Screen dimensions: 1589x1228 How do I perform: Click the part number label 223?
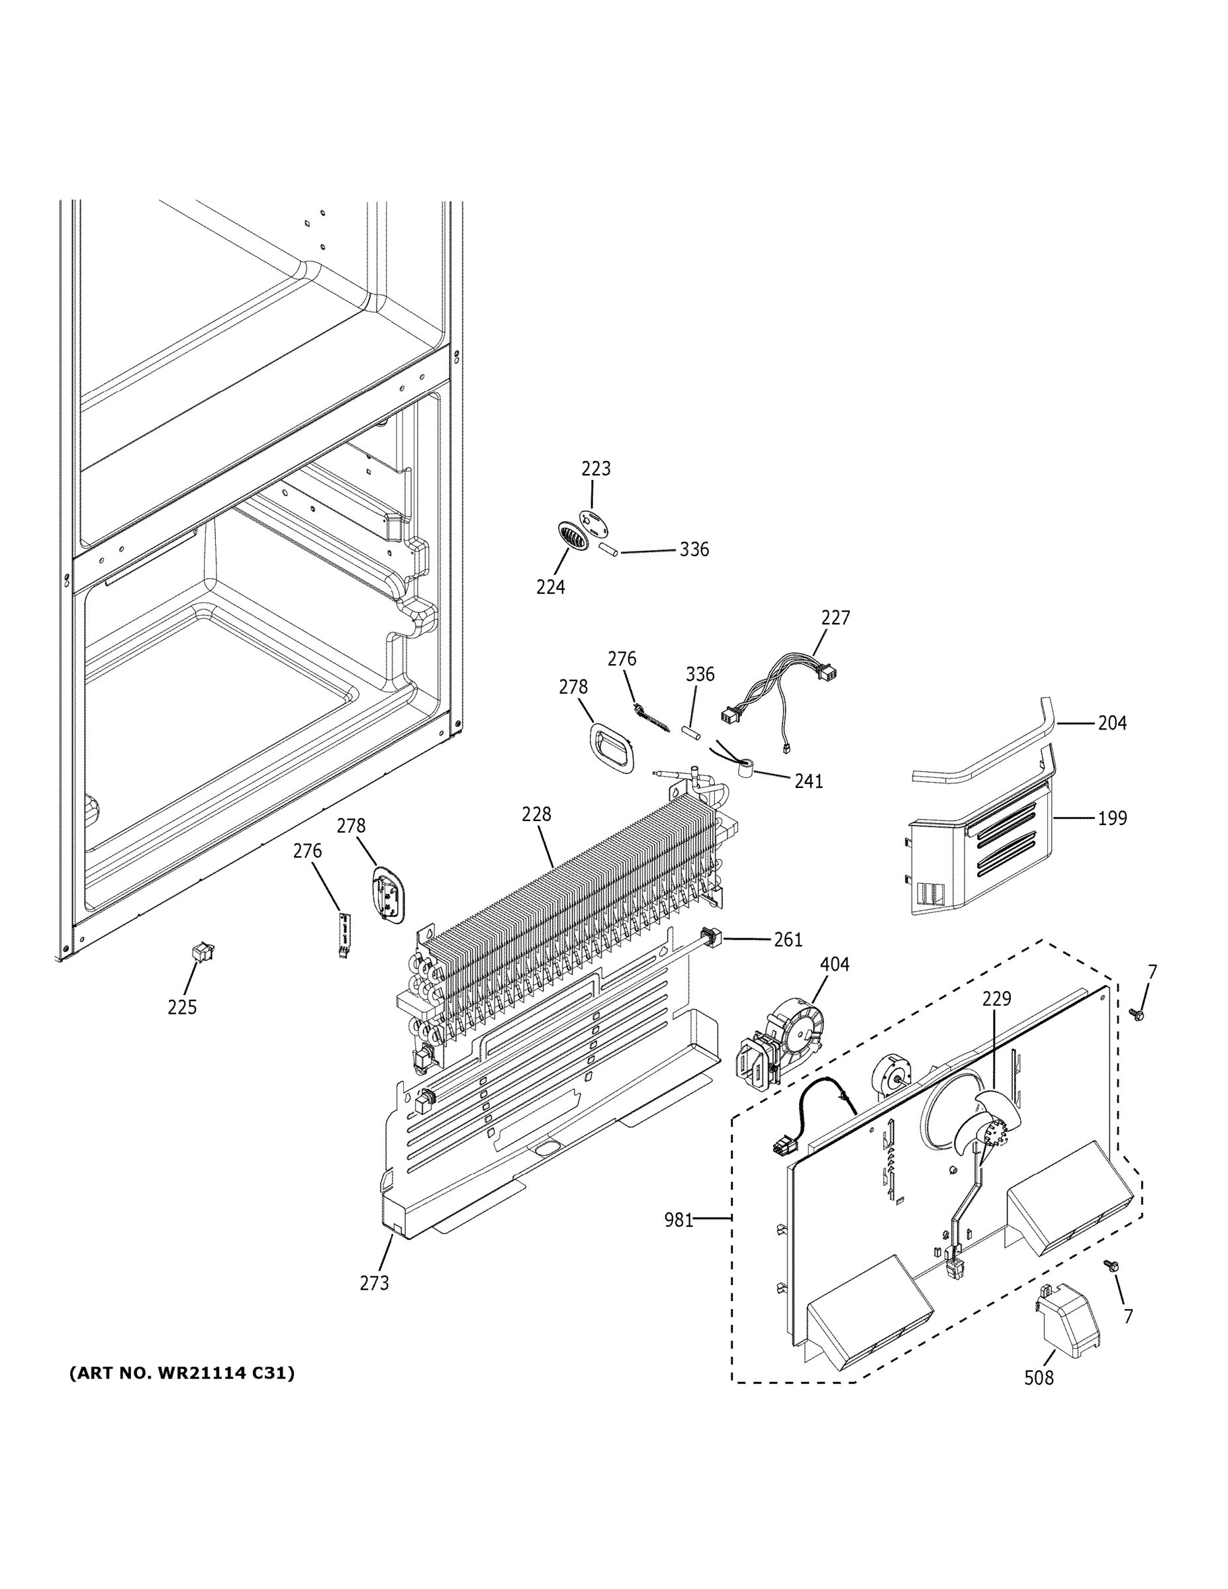point(595,469)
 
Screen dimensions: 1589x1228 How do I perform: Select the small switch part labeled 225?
point(201,950)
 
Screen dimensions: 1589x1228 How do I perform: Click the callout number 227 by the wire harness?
point(835,618)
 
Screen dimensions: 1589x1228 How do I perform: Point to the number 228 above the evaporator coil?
point(536,814)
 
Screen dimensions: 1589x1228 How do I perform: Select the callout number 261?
point(787,940)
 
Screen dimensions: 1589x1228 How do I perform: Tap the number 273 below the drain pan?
point(374,1283)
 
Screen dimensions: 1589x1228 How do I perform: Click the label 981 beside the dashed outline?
point(678,1220)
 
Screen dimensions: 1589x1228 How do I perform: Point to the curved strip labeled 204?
point(982,749)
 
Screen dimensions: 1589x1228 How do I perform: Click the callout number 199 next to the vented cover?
point(1111,818)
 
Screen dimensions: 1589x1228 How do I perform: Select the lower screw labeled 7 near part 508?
point(1111,1266)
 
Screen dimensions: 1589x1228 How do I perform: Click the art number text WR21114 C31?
point(182,1374)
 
